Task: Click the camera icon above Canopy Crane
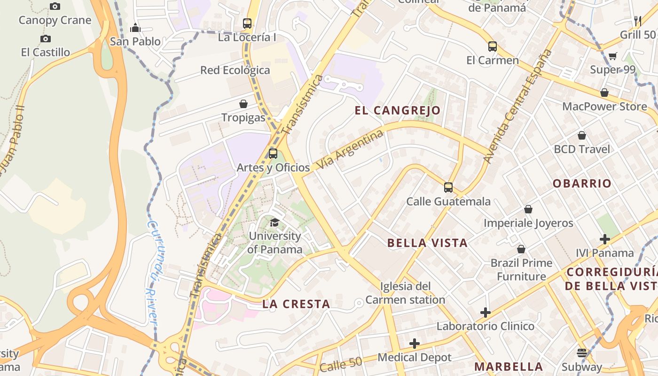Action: coord(55,7)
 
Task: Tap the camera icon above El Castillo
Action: coord(46,39)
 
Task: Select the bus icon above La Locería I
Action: coord(247,23)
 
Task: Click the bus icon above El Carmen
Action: coord(493,47)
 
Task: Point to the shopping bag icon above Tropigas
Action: coord(243,104)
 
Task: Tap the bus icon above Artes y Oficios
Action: coord(273,153)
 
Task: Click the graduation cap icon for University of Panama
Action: coord(275,222)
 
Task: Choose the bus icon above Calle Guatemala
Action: coord(448,188)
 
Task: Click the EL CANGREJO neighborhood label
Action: coord(398,110)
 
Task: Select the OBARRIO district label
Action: coord(582,183)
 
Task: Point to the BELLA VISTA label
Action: coord(427,243)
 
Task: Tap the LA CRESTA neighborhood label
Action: coord(296,304)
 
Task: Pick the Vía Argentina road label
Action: coord(350,150)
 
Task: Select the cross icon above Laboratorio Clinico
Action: coord(486,313)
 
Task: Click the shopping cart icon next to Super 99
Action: coord(613,56)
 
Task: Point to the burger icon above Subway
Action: coord(582,353)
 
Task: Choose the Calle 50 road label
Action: coord(341,365)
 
